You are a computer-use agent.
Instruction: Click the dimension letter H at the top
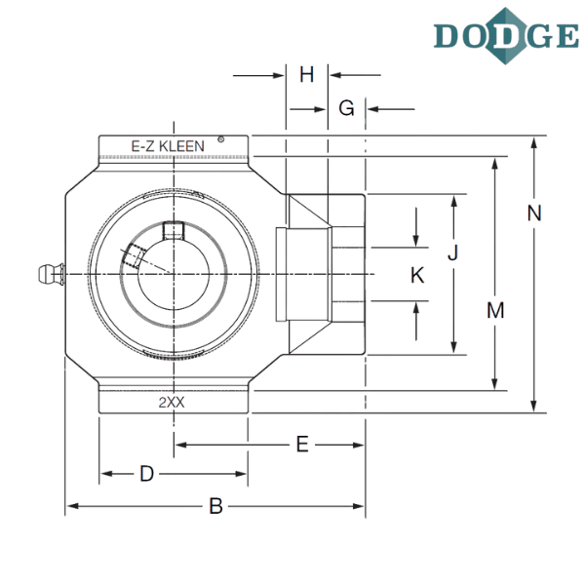pyautogui.click(x=306, y=75)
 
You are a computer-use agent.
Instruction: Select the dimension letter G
pyautogui.click(x=345, y=108)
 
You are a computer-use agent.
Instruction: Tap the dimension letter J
pyautogui.click(x=452, y=253)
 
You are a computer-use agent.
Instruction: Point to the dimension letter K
pyautogui.click(x=417, y=276)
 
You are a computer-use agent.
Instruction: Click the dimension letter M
pyautogui.click(x=495, y=311)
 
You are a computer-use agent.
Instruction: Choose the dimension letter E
pyautogui.click(x=301, y=446)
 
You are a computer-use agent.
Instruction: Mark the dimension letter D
pyautogui.click(x=146, y=475)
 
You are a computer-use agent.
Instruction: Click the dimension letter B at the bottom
pyautogui.click(x=215, y=506)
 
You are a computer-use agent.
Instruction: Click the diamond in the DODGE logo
pyautogui.click(x=507, y=35)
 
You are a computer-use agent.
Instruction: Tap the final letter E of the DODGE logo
pyautogui.click(x=563, y=35)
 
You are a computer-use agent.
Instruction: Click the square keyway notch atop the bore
pyautogui.click(x=174, y=232)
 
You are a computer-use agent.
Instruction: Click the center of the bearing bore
pyautogui.click(x=174, y=276)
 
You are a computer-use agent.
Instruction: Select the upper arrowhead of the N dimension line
pyautogui.click(x=533, y=144)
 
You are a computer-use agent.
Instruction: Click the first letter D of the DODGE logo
pyautogui.click(x=450, y=35)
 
